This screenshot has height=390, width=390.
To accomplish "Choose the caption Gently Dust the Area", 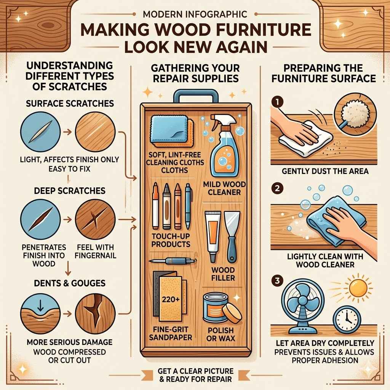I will (x=325, y=171).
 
